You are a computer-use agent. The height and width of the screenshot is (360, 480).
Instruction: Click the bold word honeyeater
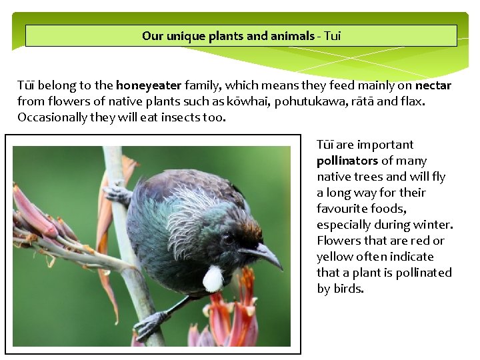pyautogui.click(x=149, y=85)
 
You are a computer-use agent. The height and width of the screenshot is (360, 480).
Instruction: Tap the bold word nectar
pyautogui.click(x=433, y=85)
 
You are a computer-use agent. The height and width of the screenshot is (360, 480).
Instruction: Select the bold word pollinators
pyautogui.click(x=347, y=161)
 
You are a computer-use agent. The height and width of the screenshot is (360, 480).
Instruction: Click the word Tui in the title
pyautogui.click(x=332, y=36)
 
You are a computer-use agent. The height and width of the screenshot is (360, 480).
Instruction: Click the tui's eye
pyautogui.click(x=229, y=238)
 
